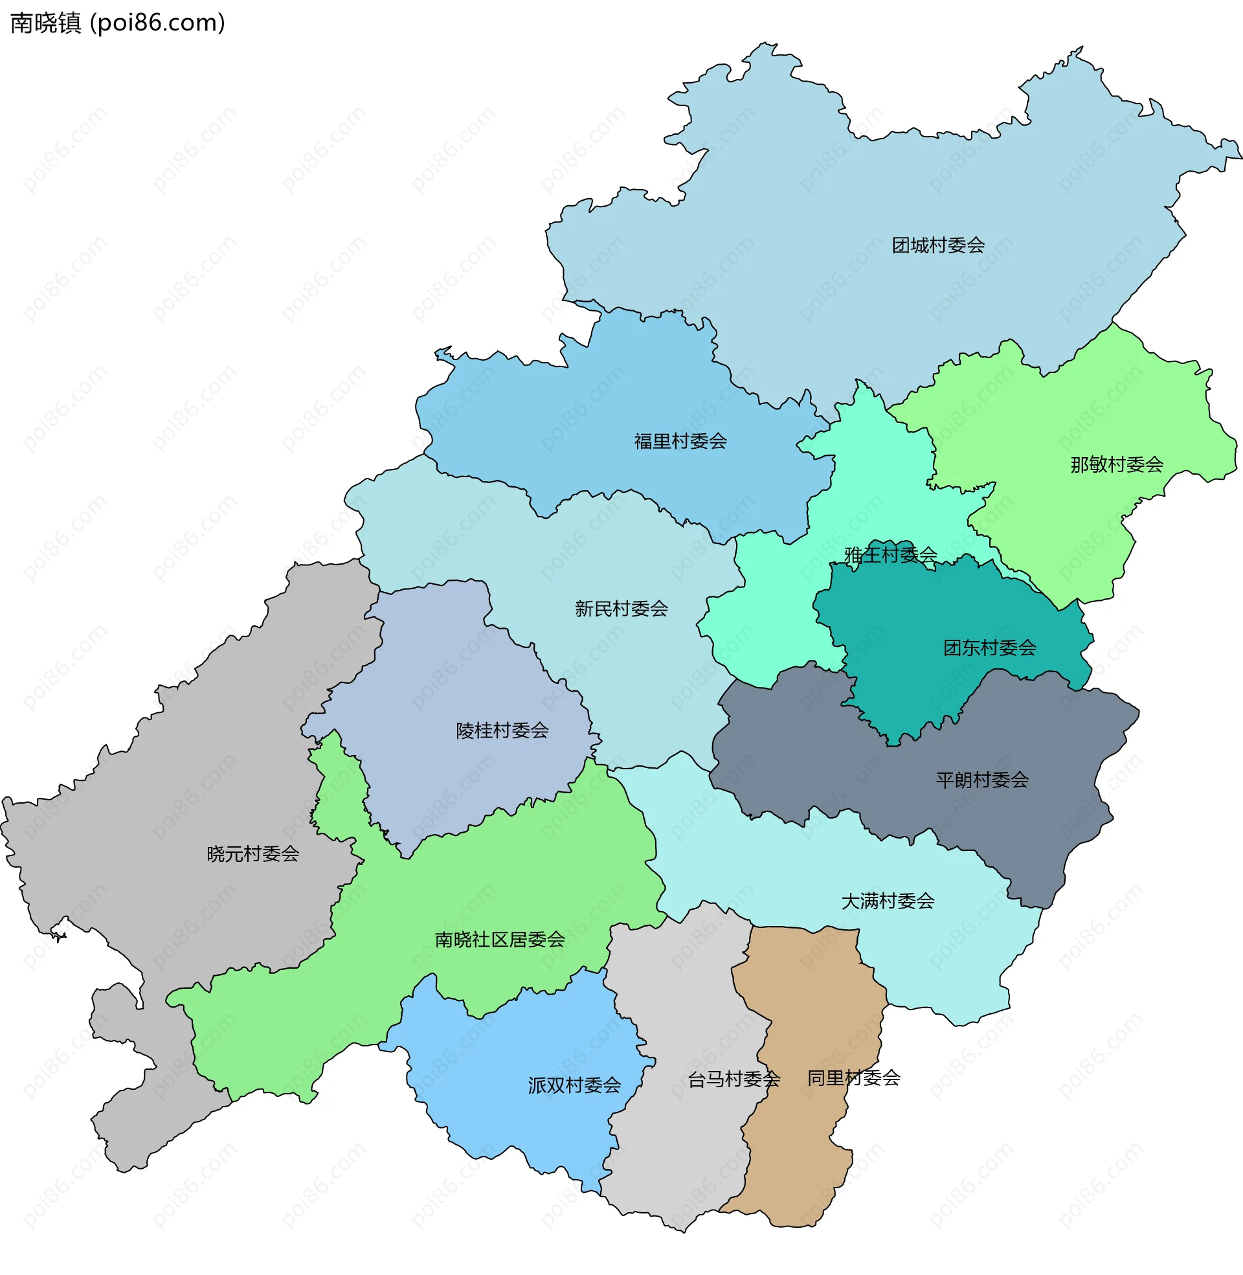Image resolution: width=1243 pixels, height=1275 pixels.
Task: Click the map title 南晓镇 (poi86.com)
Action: [118, 23]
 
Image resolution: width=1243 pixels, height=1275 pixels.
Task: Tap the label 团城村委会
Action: [937, 245]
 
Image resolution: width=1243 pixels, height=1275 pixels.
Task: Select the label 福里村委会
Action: [680, 442]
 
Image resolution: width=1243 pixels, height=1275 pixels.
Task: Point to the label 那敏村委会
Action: [1116, 465]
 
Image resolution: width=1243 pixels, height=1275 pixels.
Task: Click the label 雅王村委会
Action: [890, 555]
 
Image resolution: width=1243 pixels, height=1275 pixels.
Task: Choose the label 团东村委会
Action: [989, 648]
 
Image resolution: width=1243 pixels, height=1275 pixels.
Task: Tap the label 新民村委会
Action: [621, 609]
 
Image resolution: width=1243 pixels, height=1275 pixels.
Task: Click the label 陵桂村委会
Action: [502, 730]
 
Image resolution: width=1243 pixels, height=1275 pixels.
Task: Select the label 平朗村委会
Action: [982, 780]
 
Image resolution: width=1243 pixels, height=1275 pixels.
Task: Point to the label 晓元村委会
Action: [252, 853]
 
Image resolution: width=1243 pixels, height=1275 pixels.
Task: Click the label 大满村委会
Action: [887, 901]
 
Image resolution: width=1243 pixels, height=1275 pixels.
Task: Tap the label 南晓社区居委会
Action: [499, 940]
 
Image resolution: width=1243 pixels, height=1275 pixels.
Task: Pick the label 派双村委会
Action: [574, 1085]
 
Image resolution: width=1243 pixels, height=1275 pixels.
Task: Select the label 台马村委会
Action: [733, 1079]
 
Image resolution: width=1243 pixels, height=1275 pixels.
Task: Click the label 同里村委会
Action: [853, 1078]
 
